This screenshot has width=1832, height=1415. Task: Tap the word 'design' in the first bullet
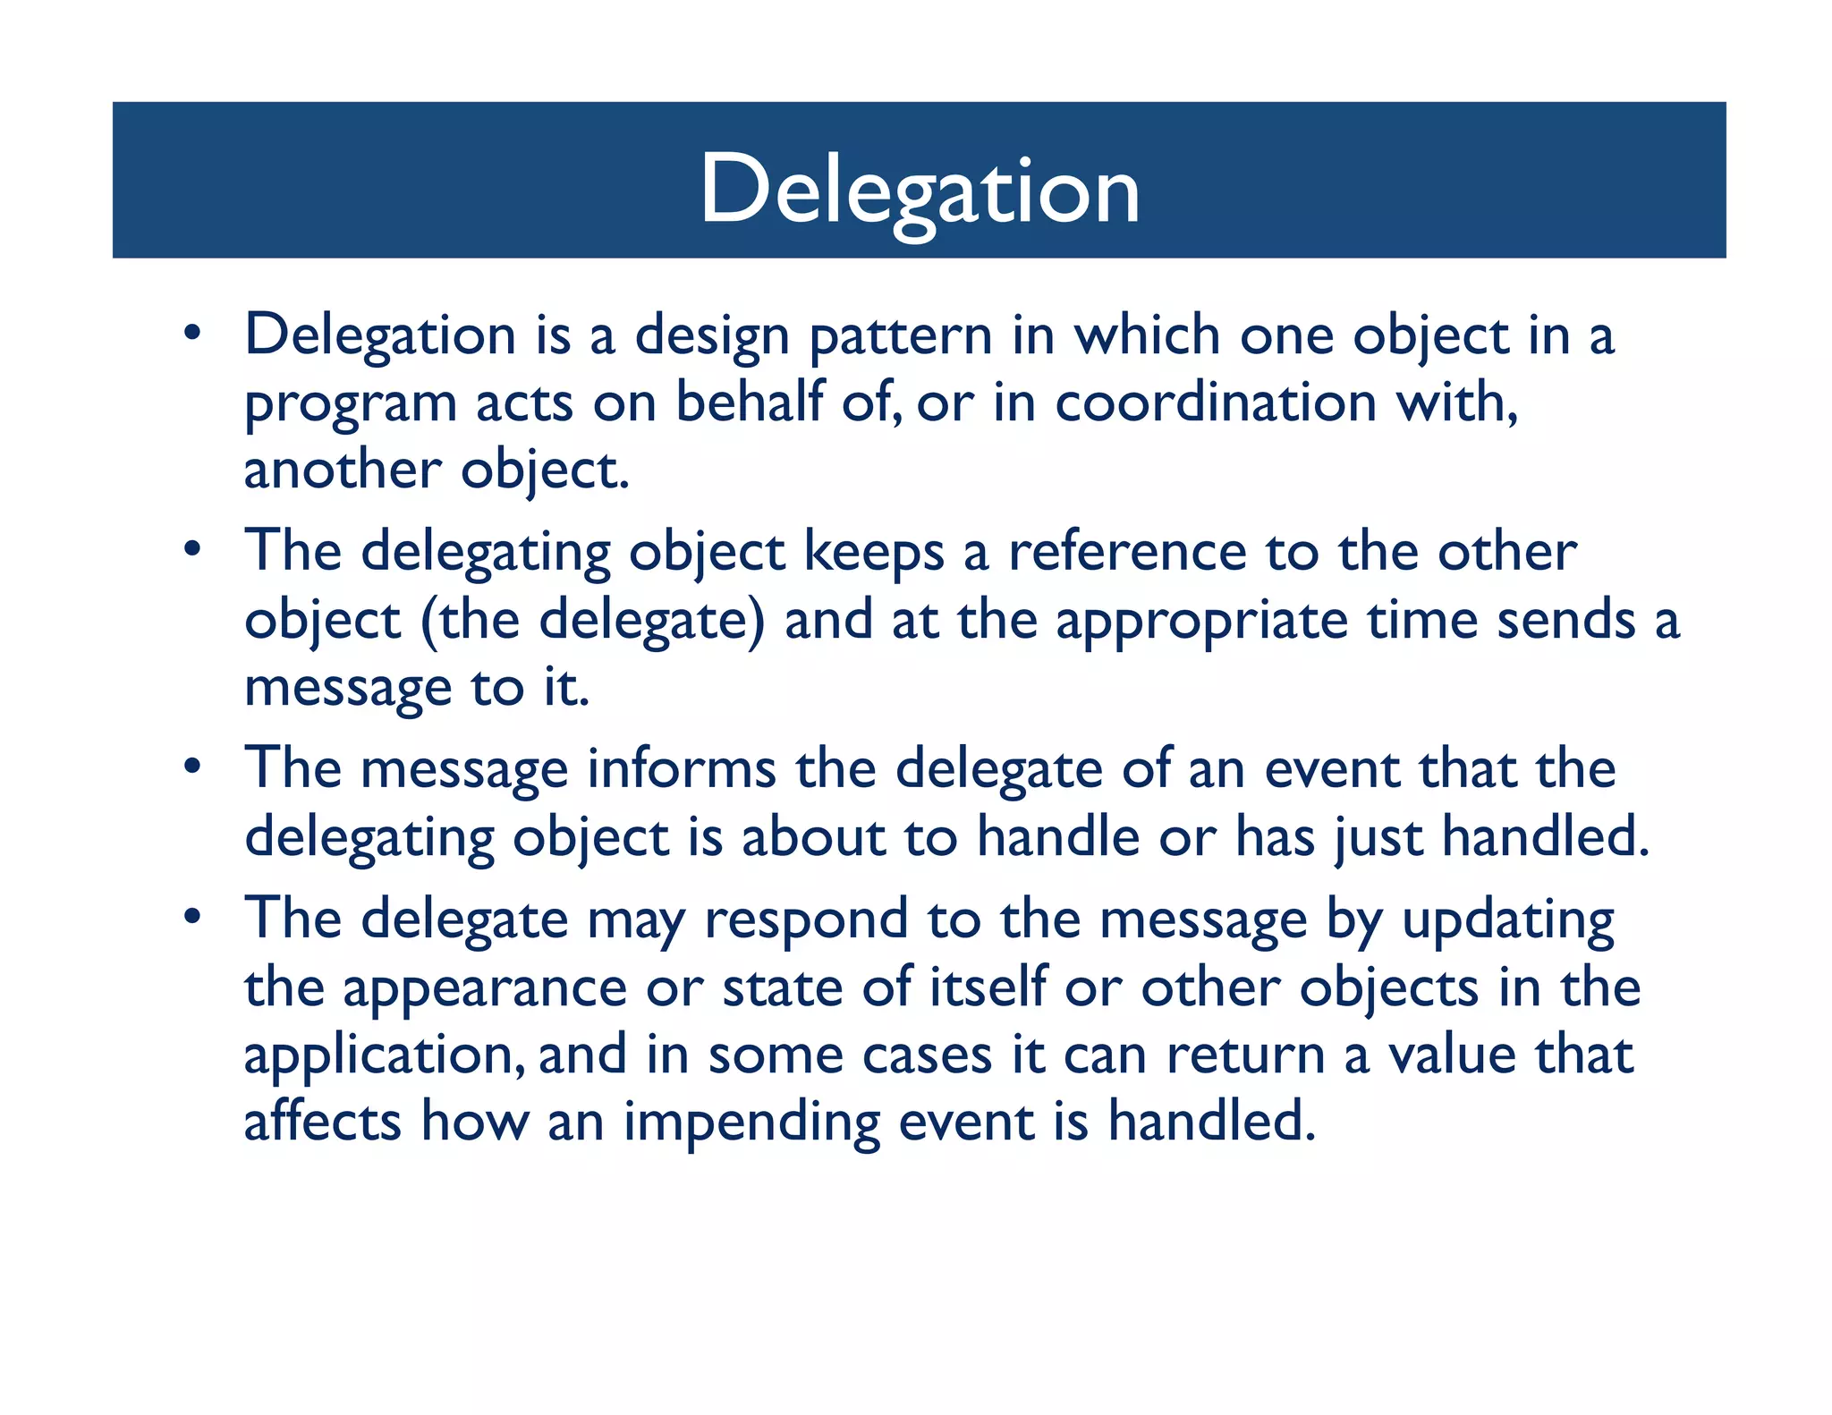(x=711, y=337)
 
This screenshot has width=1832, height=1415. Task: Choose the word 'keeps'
(x=873, y=554)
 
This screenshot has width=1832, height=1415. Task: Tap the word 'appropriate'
(x=1201, y=622)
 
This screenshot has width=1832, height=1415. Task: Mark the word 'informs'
(x=682, y=768)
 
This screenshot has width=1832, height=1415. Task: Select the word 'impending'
(x=751, y=1123)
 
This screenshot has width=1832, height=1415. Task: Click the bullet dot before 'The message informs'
(x=192, y=767)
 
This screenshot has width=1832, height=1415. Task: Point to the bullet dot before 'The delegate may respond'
(x=192, y=917)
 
